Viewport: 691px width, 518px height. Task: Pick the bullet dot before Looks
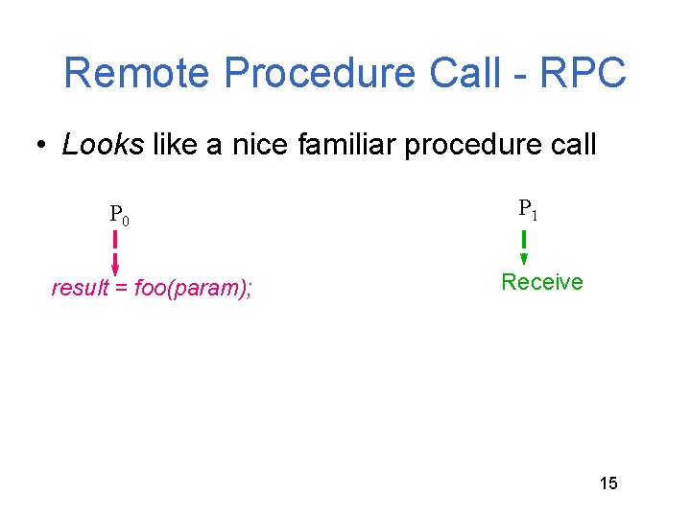click(x=42, y=146)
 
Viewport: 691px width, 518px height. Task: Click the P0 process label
click(x=119, y=215)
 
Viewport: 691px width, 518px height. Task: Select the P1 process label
click(x=528, y=209)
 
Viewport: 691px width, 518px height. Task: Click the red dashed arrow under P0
click(x=115, y=251)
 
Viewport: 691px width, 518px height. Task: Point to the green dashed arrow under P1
click(x=524, y=246)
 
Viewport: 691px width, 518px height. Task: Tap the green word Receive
click(x=542, y=282)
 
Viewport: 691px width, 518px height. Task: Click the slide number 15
click(x=608, y=483)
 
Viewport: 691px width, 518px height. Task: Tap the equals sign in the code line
click(x=122, y=288)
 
